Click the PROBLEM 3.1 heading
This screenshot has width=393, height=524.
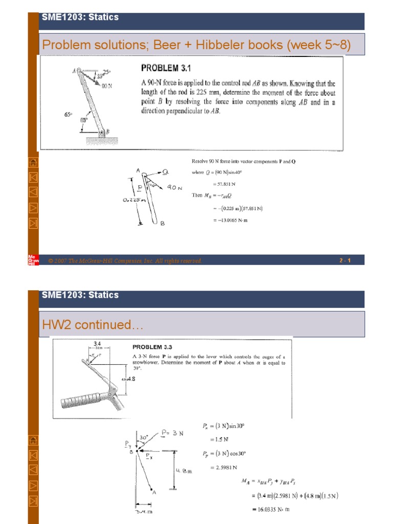167,68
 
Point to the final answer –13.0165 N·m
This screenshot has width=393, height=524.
230,221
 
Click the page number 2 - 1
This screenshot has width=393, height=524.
344,261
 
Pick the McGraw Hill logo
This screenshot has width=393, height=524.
32,259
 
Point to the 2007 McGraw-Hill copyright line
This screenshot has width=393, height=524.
125,261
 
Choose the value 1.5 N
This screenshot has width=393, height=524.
219,439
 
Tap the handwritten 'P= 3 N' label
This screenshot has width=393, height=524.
171,433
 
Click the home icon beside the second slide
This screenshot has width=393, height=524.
33,440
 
